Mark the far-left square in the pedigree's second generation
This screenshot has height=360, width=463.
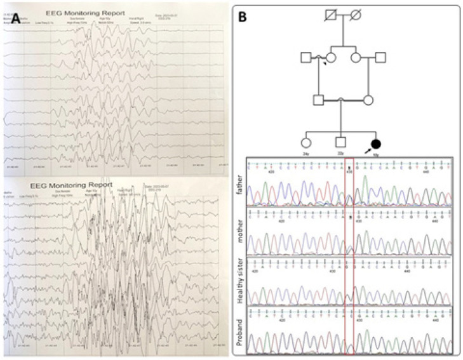305,58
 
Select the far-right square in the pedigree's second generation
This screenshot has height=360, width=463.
380,58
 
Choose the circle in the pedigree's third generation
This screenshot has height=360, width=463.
366,99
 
